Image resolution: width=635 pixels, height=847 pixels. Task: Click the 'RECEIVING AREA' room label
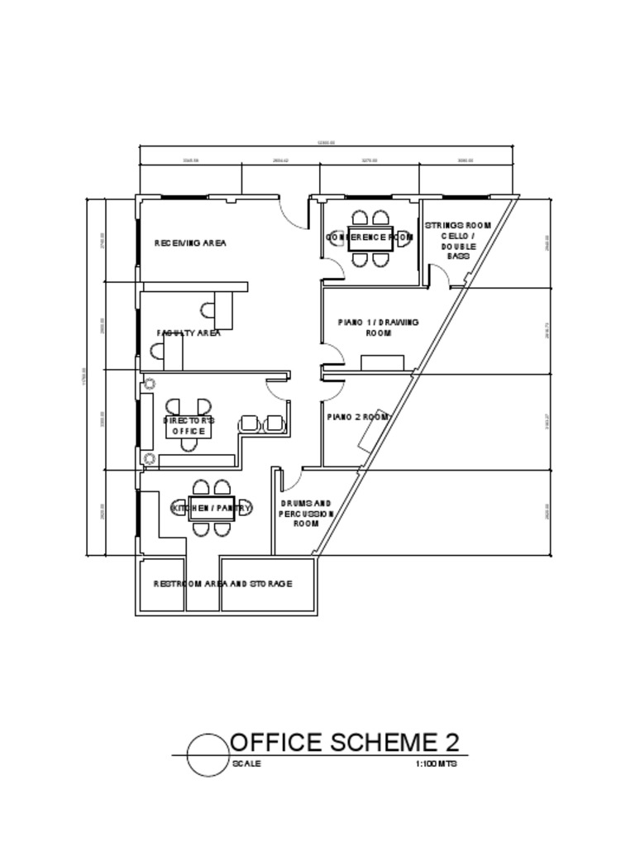click(190, 243)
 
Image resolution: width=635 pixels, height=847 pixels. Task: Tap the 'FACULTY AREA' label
click(189, 333)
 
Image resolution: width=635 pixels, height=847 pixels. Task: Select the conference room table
click(370, 238)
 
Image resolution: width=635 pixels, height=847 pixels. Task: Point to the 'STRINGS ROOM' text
click(458, 225)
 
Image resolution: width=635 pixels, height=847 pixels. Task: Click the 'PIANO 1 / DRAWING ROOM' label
click(379, 327)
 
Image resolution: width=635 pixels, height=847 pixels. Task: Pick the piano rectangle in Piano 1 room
click(382, 362)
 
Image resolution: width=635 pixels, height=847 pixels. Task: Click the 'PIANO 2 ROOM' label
click(357, 417)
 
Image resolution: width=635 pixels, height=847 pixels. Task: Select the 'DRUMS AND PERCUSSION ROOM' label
click(306, 513)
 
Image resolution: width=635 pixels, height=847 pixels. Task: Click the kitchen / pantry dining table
click(212, 508)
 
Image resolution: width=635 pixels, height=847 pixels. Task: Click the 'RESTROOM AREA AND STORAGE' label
click(222, 584)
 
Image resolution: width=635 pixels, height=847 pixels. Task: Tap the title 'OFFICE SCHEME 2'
click(345, 742)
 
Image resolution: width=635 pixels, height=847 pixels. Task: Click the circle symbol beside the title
click(207, 755)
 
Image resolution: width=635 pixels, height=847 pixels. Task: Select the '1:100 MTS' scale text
click(436, 764)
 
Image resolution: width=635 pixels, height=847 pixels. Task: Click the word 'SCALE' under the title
click(246, 764)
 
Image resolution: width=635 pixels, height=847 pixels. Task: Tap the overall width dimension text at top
click(326, 143)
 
